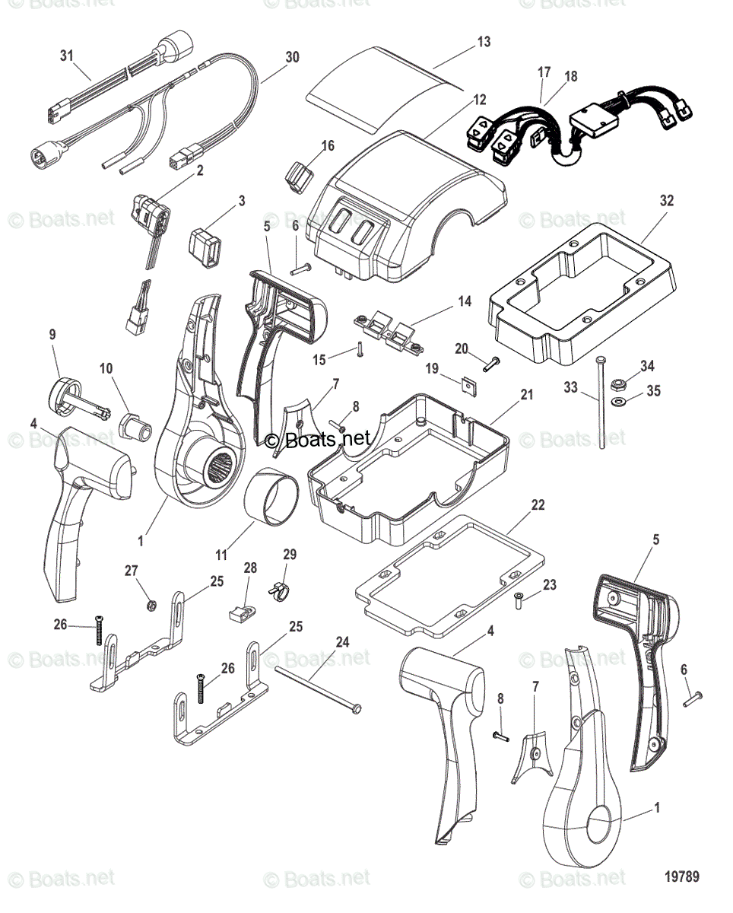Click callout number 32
pyautogui.click(x=667, y=201)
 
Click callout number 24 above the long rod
pyautogui.click(x=342, y=642)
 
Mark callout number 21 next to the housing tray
pyautogui.click(x=526, y=395)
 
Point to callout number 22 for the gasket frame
pyautogui.click(x=538, y=505)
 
